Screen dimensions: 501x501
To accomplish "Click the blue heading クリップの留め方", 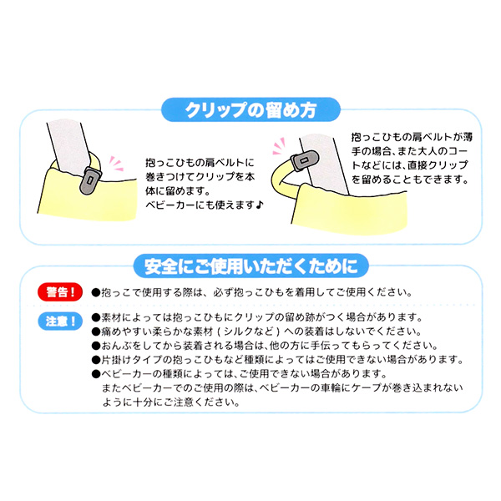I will pos(250,109).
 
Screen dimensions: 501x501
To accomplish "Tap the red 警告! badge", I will pos(59,293).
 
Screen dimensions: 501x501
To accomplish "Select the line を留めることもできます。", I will pos(408,180).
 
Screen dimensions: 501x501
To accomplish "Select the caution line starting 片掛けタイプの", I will pos(276,360).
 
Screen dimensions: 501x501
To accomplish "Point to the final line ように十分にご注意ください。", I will pos(170,400).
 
